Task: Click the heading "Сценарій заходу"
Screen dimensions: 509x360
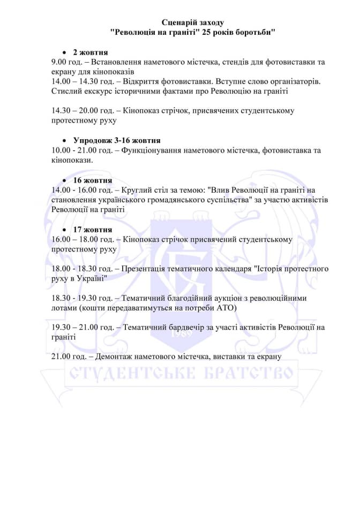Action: tap(193, 22)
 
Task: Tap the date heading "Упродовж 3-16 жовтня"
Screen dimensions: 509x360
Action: tap(109, 141)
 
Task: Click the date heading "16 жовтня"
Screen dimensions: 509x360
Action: tap(93, 180)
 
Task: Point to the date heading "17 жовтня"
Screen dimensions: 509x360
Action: tap(93, 230)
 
